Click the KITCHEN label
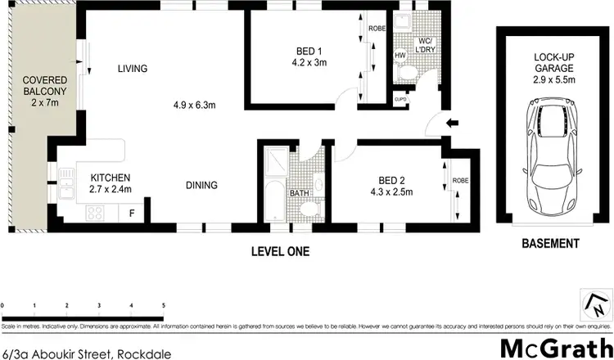pos(111,178)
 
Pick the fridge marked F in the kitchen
pos(131,213)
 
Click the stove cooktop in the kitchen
pos(95,214)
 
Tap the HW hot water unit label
pos(400,56)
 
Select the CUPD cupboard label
pos(400,100)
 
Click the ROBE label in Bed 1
pos(377,28)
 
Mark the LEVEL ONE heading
pos(279,251)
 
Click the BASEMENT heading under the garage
pos(551,244)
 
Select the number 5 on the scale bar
pos(164,305)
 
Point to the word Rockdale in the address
pos(143,354)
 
